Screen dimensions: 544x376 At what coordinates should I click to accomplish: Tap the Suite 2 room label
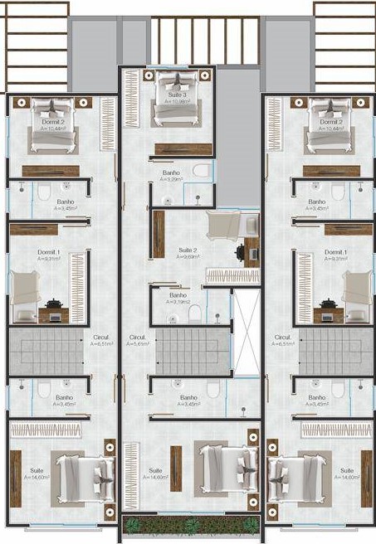[188, 250]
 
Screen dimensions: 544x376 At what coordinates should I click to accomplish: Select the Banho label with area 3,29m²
[171, 173]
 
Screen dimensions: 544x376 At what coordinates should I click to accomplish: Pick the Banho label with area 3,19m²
[178, 294]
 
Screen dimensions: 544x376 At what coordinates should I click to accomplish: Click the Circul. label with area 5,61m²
[138, 338]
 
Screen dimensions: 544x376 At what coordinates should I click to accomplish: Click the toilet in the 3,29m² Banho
[200, 171]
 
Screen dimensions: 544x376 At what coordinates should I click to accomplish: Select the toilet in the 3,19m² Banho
[195, 313]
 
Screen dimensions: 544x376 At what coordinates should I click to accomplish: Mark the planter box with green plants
[190, 524]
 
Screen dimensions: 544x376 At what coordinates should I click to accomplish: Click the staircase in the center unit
[193, 349]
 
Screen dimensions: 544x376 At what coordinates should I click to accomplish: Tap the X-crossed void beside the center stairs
[247, 332]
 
